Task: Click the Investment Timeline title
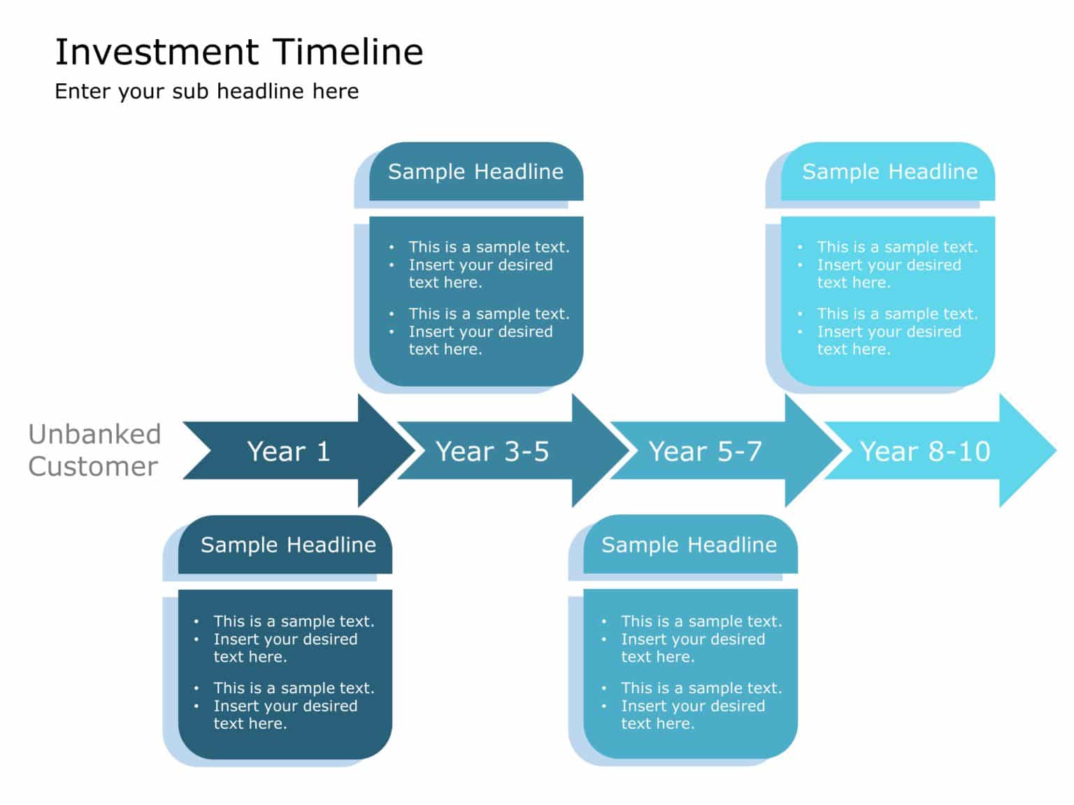[x=239, y=52]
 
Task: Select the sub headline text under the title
[x=207, y=92]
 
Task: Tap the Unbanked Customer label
[x=94, y=450]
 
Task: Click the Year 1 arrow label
[x=288, y=451]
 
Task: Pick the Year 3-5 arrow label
[x=492, y=451]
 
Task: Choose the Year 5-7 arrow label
[x=705, y=451]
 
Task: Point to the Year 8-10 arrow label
[x=924, y=451]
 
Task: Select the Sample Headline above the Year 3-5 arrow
[x=475, y=172]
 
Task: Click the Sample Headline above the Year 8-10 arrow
[x=889, y=172]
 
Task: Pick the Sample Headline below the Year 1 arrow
[x=288, y=545]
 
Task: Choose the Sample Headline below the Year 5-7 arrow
[x=689, y=545]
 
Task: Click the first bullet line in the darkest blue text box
[x=294, y=621]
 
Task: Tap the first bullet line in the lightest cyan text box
[x=897, y=247]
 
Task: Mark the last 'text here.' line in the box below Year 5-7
[x=657, y=724]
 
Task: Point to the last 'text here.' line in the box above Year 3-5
[x=445, y=349]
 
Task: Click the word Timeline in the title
[x=348, y=52]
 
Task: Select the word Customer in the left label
[x=93, y=467]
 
